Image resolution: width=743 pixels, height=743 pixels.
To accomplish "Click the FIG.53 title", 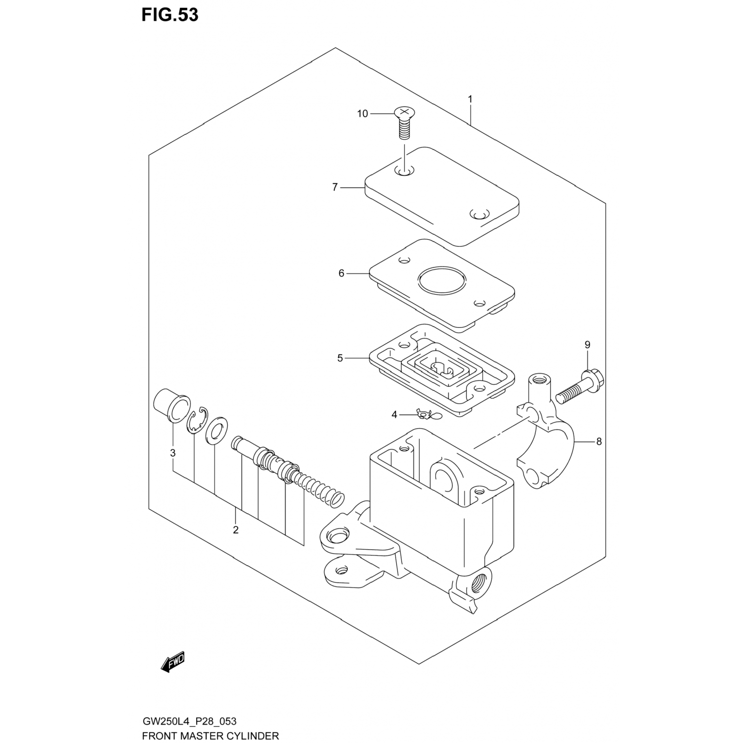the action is click(x=170, y=15).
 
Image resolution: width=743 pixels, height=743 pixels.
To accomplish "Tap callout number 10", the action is click(x=363, y=114).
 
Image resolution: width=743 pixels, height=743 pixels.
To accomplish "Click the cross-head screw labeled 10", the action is click(x=404, y=123).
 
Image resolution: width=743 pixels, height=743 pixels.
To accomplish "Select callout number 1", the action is click(x=470, y=99).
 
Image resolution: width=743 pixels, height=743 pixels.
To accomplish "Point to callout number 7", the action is click(x=335, y=187).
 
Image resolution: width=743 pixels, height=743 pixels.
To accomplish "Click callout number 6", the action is click(x=341, y=273).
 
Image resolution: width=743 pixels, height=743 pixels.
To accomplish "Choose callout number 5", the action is click(x=340, y=358).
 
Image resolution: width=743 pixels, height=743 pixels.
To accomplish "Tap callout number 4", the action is click(x=394, y=415).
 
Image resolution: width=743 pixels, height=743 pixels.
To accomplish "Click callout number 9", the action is click(x=587, y=345).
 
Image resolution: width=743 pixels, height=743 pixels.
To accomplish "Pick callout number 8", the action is click(x=599, y=441).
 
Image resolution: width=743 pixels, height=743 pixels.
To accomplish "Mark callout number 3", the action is click(x=172, y=453).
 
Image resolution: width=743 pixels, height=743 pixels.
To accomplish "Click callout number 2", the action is click(x=236, y=530).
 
